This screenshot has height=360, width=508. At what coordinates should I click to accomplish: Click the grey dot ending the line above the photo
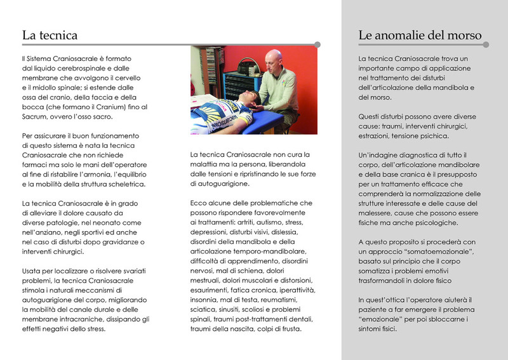point(317,44)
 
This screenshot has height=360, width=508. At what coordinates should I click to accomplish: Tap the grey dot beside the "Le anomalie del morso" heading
point(487,44)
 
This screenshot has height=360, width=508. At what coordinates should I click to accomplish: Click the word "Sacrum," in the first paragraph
point(36,117)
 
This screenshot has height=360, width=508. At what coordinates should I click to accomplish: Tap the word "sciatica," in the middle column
point(204,309)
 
